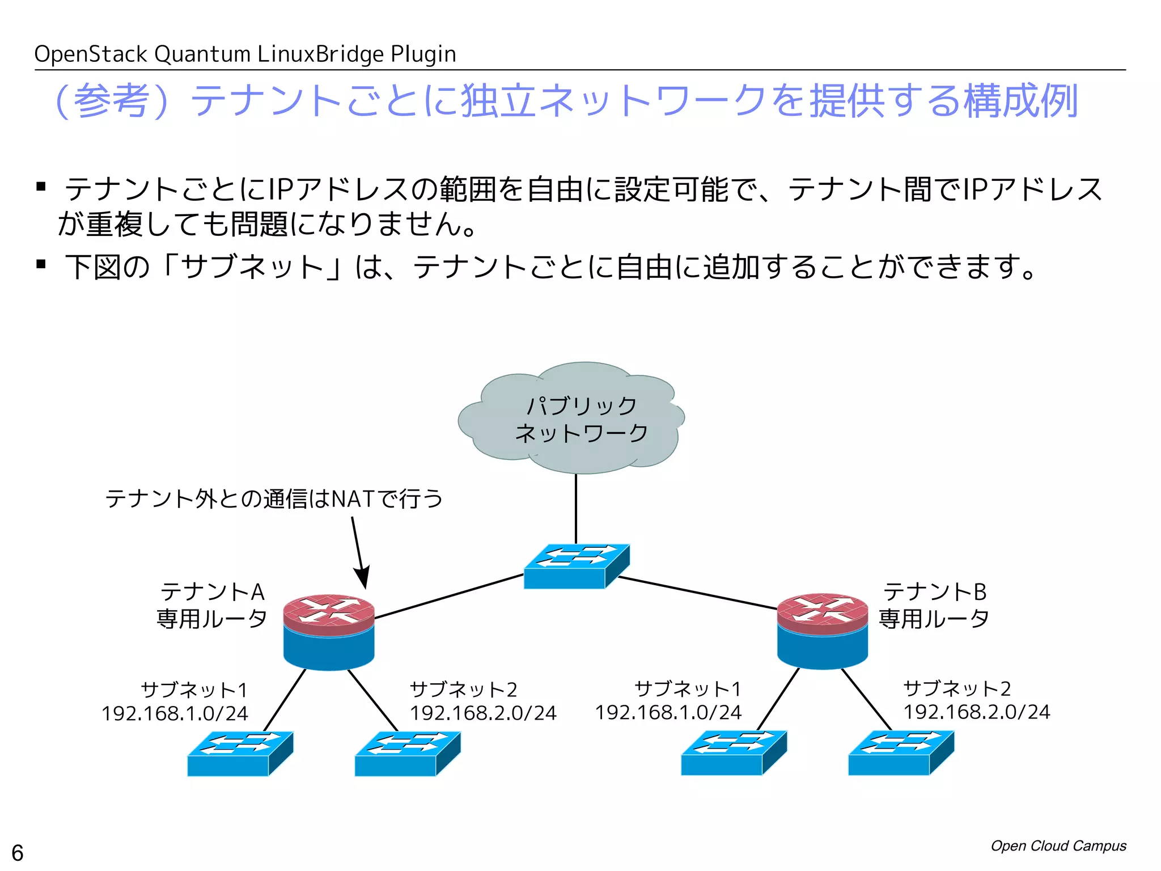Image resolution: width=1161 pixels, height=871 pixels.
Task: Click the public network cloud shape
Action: (x=571, y=418)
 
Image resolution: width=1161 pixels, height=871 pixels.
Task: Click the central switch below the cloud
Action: (x=575, y=566)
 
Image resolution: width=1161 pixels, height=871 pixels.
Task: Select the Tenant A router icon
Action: (x=329, y=632)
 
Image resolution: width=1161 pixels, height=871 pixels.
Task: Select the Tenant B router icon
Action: (x=822, y=631)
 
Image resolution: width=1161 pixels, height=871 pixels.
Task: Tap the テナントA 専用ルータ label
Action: (x=212, y=605)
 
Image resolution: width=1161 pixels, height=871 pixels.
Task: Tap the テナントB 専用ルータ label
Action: (x=934, y=605)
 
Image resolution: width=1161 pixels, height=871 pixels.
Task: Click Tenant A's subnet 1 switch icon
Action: (x=240, y=754)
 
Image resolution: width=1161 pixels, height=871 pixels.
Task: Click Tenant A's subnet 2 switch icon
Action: (x=407, y=754)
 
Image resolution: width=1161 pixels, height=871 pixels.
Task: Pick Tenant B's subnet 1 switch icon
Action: (x=734, y=752)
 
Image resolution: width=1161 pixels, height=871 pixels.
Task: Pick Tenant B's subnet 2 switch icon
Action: (x=901, y=752)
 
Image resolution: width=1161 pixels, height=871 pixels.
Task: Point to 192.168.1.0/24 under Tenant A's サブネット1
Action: (x=175, y=713)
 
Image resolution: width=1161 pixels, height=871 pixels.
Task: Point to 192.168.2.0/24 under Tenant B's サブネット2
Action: (x=976, y=712)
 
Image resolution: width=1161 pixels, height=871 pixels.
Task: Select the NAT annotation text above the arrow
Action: (x=274, y=499)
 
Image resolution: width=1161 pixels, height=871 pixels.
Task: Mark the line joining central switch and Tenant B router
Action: (x=697, y=593)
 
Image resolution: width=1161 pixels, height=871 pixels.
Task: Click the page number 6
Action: (x=18, y=852)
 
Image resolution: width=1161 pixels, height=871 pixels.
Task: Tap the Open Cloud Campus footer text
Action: (x=1058, y=845)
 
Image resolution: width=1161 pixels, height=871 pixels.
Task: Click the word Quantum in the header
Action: (x=202, y=54)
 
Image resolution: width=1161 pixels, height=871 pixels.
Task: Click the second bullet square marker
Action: (x=41, y=264)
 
